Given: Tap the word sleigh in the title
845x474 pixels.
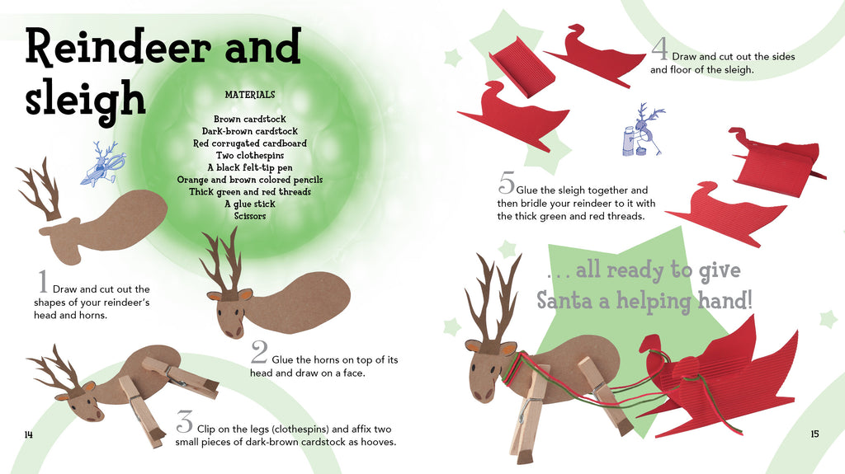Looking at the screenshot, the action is coord(85,100).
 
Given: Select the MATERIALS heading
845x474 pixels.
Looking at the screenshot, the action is coord(250,95).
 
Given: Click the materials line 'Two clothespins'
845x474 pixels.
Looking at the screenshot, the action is coord(250,156).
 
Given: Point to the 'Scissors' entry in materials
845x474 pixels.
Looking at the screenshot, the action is coord(250,216).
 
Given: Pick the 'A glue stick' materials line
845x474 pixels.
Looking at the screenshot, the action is coord(250,204).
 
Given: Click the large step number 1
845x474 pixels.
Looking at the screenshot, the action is coord(43,281).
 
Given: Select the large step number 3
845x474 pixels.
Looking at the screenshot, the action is coord(184,422).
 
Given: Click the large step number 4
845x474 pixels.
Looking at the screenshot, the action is coord(660,48).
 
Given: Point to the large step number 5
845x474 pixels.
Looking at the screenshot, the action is coord(507,182).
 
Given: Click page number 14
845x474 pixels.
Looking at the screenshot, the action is coord(29,434).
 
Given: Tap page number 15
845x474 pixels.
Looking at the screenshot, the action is coord(814,434).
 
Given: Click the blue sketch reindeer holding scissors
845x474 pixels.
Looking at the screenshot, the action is coord(103,164).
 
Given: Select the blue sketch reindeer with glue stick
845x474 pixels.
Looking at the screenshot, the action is coord(642,131).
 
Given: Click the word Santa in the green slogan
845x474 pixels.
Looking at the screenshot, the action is coord(573,300).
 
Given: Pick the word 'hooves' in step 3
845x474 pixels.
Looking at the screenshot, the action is coord(378,442).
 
